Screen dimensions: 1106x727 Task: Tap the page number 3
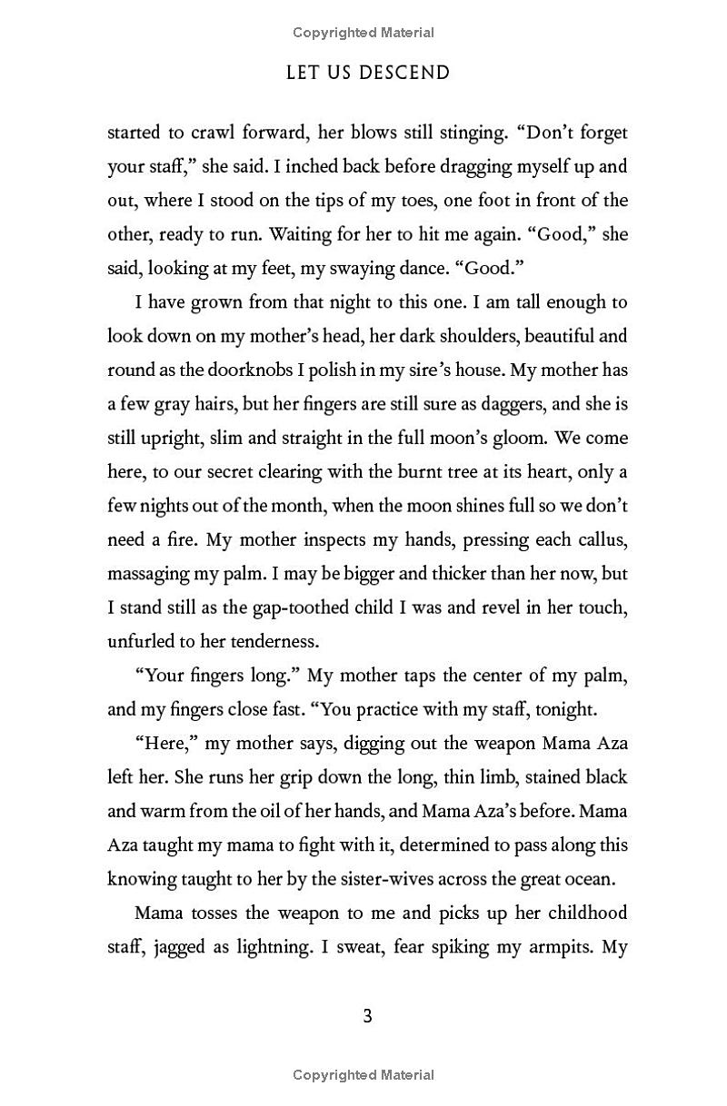click(x=367, y=1016)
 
